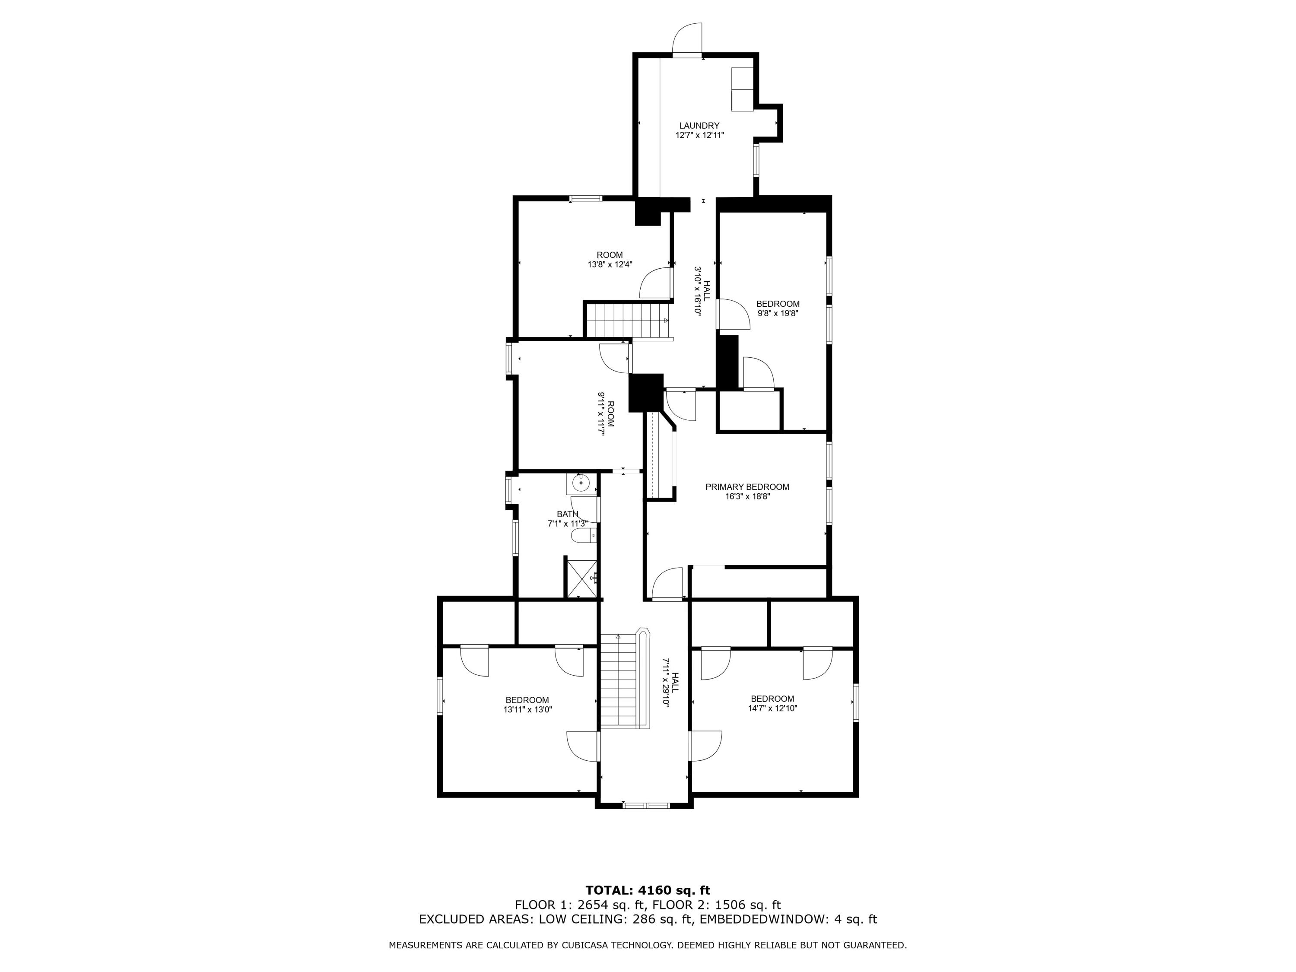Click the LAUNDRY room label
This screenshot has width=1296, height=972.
tap(699, 125)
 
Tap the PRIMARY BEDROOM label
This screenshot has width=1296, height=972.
tap(747, 487)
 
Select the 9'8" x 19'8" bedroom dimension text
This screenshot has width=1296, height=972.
tap(778, 314)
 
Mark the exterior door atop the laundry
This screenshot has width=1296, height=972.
tap(687, 41)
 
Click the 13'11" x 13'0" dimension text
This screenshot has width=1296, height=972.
tap(527, 709)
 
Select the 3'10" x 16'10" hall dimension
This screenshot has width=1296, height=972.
tap(698, 291)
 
